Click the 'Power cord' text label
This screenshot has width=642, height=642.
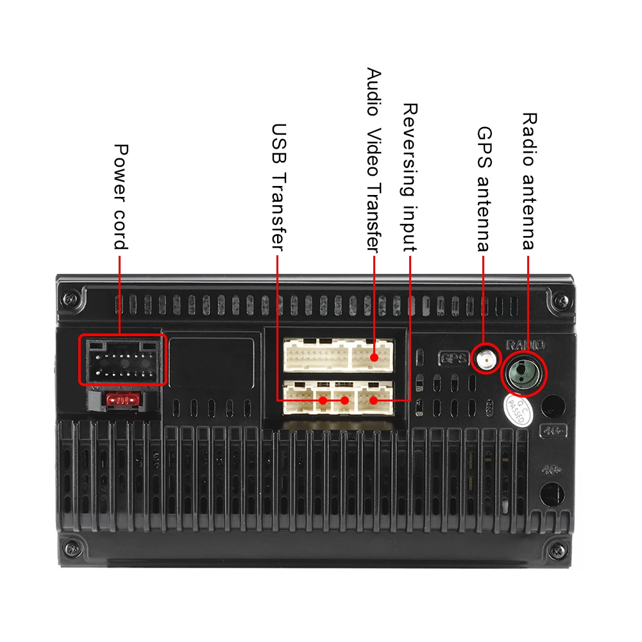pos(121,196)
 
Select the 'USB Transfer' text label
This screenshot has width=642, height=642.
pos(278,187)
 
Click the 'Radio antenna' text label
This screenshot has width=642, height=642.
pos(528,181)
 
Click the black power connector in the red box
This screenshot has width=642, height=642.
pos(122,360)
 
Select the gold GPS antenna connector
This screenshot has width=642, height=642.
pos(487,359)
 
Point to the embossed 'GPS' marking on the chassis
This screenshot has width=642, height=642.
pos(453,358)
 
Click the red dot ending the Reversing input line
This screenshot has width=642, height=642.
pos(373,401)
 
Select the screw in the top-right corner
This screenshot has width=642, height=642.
pos(562,299)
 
